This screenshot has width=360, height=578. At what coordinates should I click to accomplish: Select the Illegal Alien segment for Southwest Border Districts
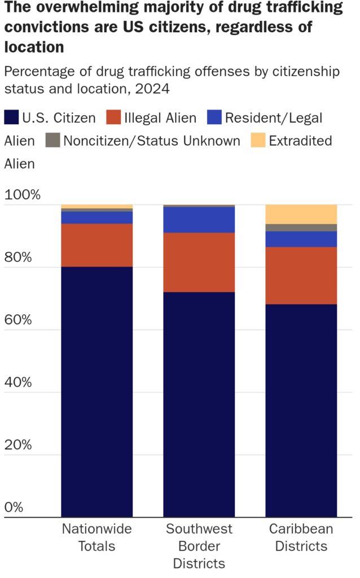click(199, 262)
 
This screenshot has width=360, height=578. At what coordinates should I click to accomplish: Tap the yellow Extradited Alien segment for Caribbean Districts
click(301, 214)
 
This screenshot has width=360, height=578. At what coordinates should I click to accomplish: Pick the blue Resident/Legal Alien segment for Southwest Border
click(199, 220)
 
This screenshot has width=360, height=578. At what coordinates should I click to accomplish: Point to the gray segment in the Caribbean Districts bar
click(301, 227)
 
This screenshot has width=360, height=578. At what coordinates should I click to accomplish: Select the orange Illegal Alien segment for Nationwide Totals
click(96, 245)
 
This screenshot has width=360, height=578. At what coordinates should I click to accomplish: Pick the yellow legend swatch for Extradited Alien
click(257, 141)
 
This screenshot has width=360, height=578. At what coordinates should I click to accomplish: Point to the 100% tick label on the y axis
click(23, 196)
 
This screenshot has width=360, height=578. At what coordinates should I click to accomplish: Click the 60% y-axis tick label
click(20, 320)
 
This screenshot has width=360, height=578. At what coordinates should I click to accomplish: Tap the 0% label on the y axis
click(14, 507)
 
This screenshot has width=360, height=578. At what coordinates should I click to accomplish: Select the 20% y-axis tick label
click(20, 445)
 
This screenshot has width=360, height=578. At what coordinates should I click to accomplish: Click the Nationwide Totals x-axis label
click(96, 537)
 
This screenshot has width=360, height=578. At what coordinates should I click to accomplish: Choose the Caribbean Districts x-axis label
click(301, 537)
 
